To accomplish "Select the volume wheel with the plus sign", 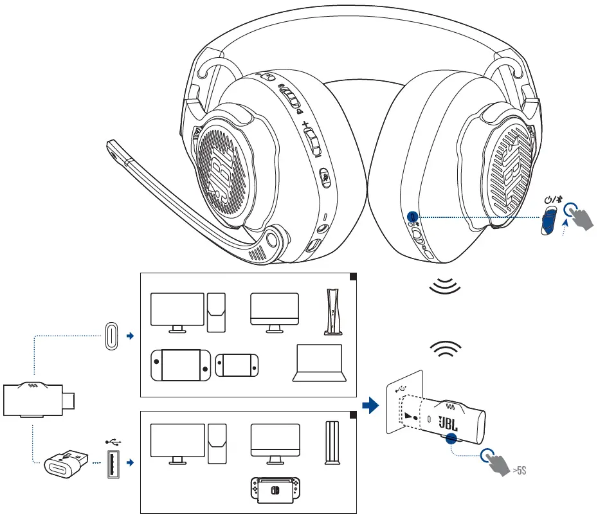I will click(311, 139).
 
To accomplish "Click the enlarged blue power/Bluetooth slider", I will click(548, 221).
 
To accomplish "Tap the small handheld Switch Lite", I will click(239, 365).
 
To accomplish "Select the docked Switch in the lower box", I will click(275, 490).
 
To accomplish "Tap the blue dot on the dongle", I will click(451, 439).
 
